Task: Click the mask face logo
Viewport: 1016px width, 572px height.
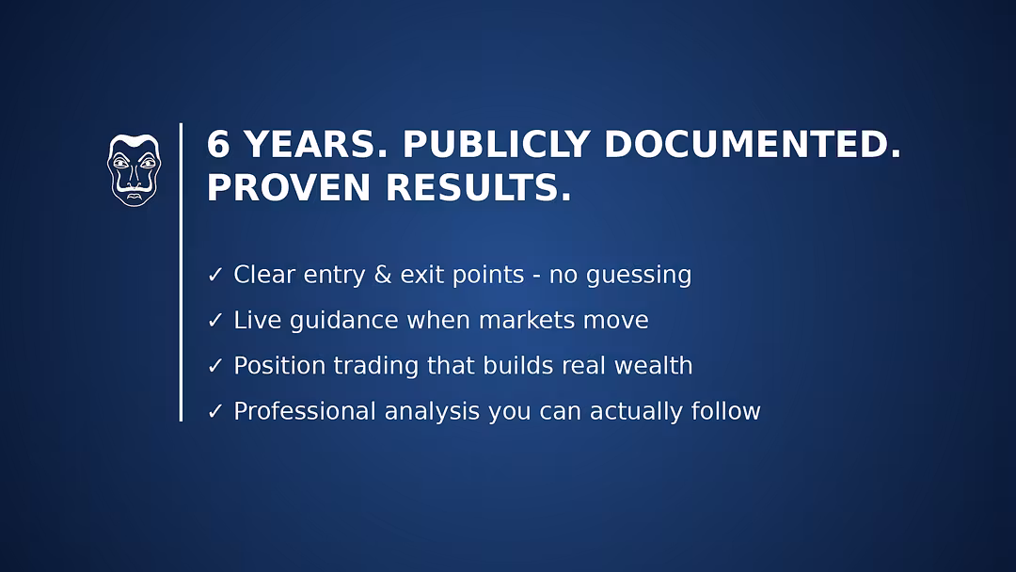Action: point(135,170)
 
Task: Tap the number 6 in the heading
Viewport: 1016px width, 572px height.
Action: point(218,144)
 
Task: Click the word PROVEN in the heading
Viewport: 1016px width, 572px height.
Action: point(289,187)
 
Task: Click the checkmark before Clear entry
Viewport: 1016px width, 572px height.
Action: point(215,275)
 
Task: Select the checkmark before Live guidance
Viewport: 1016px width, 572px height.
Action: point(215,320)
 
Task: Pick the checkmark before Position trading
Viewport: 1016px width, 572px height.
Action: point(215,366)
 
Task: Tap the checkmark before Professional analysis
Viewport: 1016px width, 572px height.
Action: point(215,411)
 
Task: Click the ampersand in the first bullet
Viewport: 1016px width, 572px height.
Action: point(383,275)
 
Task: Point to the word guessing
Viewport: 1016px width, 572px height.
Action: point(639,277)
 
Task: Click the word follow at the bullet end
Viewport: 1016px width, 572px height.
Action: point(725,411)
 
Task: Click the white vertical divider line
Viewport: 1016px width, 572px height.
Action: point(181,272)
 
